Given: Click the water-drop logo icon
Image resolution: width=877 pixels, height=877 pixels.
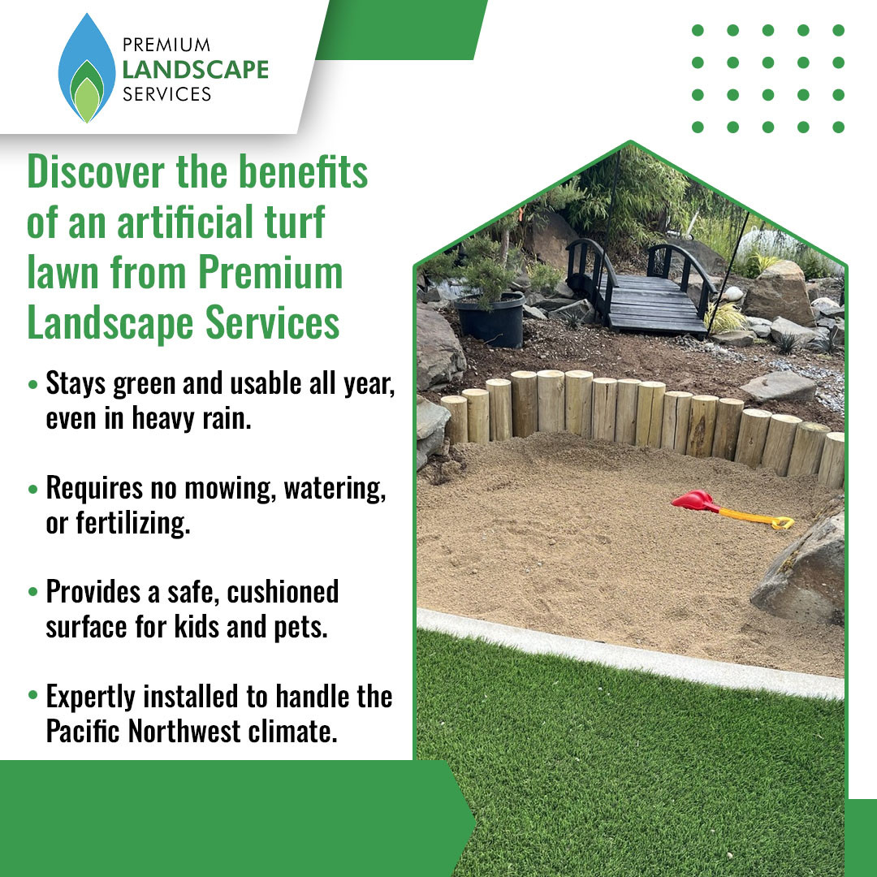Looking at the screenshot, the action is pos(87,68).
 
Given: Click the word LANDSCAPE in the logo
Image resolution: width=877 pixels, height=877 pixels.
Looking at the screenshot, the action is pos(196,69).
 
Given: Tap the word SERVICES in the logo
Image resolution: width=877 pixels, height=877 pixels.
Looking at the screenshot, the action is pos(166,94).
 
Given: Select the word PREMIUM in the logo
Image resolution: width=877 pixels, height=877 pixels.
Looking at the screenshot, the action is pos(166,45).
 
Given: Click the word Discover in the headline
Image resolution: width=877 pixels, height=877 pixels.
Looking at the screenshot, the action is pos(96,171).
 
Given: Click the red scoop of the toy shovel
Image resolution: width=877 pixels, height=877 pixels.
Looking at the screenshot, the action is pos(693,500).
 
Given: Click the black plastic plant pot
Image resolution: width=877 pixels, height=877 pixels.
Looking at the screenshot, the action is pos(490,320).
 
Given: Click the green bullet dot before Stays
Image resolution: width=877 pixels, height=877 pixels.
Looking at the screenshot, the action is pos(33,385).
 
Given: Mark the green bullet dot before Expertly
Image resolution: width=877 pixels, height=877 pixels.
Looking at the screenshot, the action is pos(33,695).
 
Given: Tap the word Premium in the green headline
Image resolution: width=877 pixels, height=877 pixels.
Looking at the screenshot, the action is pos(270,273).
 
